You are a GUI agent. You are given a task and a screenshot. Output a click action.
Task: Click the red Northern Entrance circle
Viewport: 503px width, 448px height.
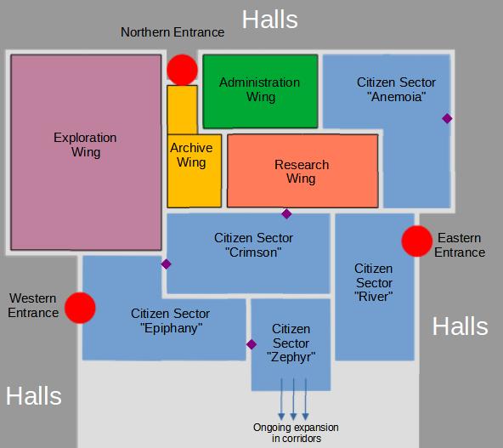click(182, 70)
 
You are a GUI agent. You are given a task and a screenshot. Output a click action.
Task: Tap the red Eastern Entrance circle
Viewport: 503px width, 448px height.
click(416, 241)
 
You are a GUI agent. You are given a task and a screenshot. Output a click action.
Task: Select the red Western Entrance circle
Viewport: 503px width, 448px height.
click(80, 308)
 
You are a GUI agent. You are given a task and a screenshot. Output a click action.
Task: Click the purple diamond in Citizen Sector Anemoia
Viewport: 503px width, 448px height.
click(447, 118)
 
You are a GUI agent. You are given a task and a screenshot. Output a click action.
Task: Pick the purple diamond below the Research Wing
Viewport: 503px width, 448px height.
click(286, 213)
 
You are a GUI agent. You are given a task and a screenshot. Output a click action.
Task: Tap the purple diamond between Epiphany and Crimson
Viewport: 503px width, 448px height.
click(166, 264)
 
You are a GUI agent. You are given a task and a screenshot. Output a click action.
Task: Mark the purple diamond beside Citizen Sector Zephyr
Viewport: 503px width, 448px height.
click(251, 344)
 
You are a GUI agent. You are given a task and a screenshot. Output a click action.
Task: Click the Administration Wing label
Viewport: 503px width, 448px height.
click(260, 89)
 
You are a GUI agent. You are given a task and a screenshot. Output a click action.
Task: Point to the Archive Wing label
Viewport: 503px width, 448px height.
click(191, 155)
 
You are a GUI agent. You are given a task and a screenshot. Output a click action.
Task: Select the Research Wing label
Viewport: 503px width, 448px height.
click(302, 172)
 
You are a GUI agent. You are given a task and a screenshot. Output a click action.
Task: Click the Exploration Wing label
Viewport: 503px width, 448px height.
click(85, 145)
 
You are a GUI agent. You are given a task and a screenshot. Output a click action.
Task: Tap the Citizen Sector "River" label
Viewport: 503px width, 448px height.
click(374, 282)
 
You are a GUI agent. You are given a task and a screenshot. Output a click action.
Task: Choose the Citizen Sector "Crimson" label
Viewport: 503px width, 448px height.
click(253, 245)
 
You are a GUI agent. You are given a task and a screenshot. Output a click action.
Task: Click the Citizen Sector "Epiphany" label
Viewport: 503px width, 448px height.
click(170, 320)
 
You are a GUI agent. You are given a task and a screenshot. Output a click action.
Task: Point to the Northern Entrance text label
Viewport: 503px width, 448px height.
click(172, 32)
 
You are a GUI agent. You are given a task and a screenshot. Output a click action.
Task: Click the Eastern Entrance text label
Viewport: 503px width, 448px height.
click(460, 245)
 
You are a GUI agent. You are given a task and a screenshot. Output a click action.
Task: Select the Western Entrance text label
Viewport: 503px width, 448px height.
click(33, 305)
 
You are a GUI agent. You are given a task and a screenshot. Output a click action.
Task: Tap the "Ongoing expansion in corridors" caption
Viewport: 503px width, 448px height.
click(296, 433)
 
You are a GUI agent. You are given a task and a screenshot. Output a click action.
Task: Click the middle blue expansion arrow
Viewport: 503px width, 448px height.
click(293, 399)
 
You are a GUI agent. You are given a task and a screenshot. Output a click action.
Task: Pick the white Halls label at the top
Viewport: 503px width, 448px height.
click(270, 20)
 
